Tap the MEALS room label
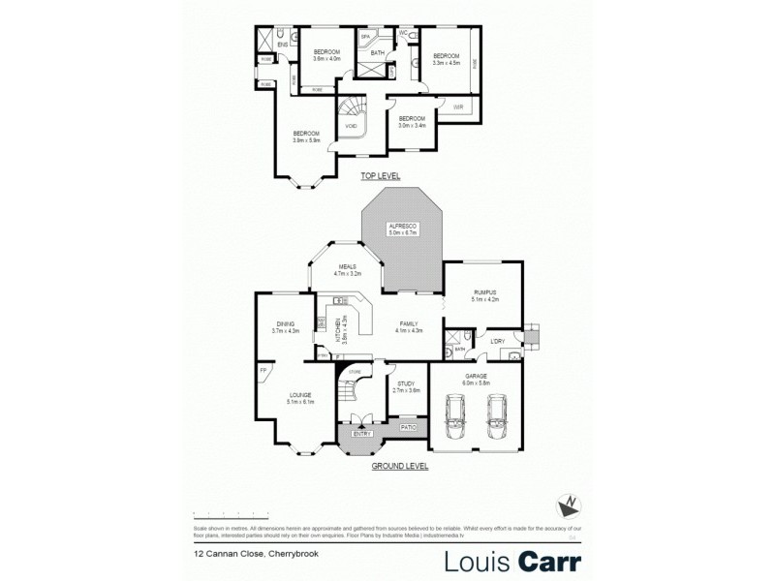tap(347, 266)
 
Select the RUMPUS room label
tap(484, 291)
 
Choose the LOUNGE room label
tap(298, 395)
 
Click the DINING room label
tap(285, 324)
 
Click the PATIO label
tap(408, 424)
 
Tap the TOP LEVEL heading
tap(380, 176)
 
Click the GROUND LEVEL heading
tap(400, 466)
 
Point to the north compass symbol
tap(572, 504)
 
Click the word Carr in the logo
tap(547, 561)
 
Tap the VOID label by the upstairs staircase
tap(350, 124)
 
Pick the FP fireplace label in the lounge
tap(263, 370)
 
